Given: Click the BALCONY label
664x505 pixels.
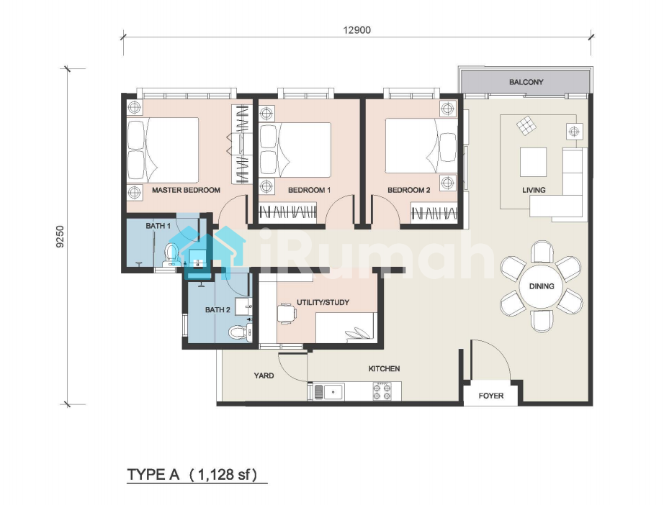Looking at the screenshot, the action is [526, 82].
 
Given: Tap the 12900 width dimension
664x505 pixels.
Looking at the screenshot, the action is [357, 30].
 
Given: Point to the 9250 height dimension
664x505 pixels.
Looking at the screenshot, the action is [60, 237].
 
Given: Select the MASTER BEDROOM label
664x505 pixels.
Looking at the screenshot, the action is [186, 191].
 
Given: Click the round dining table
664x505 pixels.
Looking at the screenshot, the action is [542, 286].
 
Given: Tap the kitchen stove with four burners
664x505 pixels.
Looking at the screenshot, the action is [382, 391].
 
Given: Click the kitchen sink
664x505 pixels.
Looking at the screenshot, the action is [328, 391].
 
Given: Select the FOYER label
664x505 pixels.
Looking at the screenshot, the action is [491, 396].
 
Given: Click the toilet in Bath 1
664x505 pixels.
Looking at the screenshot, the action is [171, 254].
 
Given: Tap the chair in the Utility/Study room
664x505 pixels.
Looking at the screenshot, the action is [287, 314].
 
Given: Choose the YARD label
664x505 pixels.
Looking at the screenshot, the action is [264, 376].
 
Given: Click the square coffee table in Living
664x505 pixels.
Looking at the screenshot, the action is [533, 162].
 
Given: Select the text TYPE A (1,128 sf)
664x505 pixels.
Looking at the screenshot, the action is [192, 475].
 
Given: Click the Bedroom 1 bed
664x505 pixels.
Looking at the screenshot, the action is [295, 150].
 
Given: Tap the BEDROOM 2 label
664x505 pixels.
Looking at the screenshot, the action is [409, 191].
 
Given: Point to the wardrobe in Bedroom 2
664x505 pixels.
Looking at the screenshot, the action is [434, 213].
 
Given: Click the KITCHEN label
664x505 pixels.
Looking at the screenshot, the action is [384, 369].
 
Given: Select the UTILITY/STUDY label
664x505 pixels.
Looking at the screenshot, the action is [323, 302].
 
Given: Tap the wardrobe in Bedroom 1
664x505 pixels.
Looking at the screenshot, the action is [288, 212].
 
